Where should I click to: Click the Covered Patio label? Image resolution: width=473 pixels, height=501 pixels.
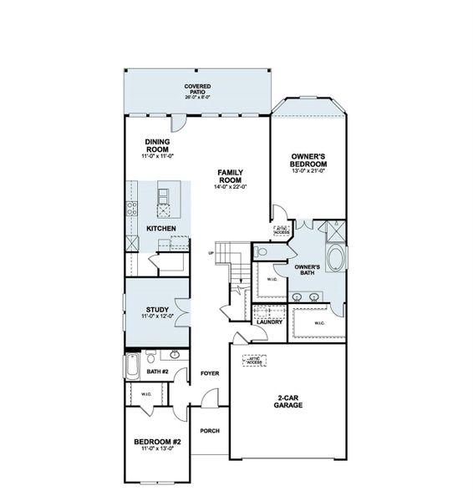[x=198, y=90]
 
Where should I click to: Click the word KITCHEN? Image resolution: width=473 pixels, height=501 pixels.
[x=160, y=228]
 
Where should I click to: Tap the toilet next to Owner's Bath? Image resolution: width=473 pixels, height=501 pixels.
[x=262, y=250]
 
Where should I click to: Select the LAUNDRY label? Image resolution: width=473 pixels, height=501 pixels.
[x=270, y=319]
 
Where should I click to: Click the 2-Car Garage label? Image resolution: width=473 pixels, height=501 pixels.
[x=289, y=402]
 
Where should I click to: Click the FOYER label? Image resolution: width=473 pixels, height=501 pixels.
[x=209, y=373]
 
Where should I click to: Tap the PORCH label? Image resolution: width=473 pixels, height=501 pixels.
[x=209, y=432]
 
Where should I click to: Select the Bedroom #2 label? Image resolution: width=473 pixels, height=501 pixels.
[x=157, y=443]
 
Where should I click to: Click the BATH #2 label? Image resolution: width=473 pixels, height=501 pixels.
[x=157, y=372]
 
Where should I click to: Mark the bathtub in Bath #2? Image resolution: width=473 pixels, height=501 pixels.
[x=134, y=366]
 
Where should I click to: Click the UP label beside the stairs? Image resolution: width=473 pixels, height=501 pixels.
[x=211, y=253]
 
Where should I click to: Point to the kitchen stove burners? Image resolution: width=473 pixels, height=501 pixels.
[x=132, y=208]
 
